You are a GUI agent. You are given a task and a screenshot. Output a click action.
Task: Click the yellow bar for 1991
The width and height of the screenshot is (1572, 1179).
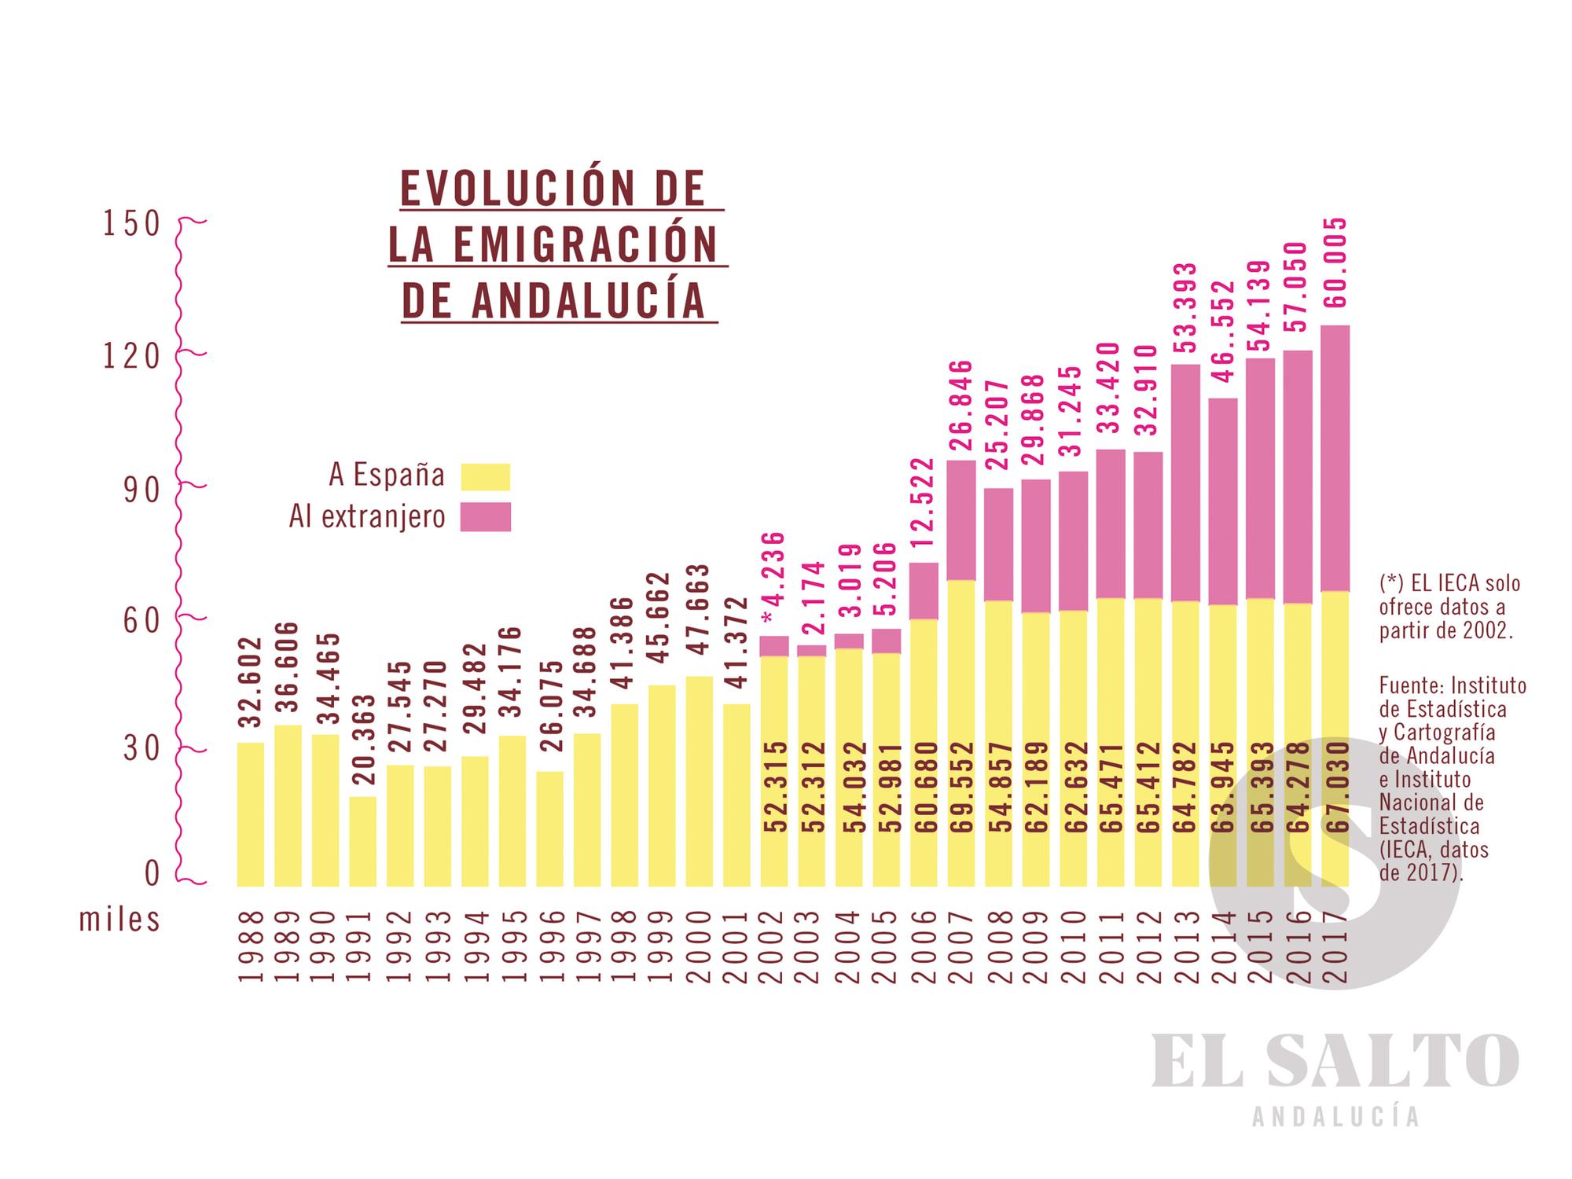pyautogui.click(x=362, y=841)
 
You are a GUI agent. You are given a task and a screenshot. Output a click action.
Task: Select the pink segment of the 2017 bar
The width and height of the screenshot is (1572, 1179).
pyautogui.click(x=1335, y=457)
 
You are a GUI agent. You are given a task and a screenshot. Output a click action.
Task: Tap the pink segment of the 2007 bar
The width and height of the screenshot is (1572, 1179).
pyautogui.click(x=961, y=520)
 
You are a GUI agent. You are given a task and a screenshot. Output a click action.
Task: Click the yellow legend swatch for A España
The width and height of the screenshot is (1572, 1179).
pyautogui.click(x=485, y=476)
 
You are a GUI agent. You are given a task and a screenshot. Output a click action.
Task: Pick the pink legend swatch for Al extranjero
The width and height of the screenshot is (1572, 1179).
pyautogui.click(x=485, y=516)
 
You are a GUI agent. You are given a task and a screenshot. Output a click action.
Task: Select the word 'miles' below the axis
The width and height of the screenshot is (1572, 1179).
pyautogui.click(x=119, y=919)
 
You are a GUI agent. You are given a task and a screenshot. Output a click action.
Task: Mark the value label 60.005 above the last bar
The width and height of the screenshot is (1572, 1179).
pyautogui.click(x=1335, y=263)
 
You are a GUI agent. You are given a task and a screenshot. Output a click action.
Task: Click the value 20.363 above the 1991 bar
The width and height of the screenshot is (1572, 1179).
pyautogui.click(x=362, y=740)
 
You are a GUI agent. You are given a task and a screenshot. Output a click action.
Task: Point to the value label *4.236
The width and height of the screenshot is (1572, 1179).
pyautogui.click(x=774, y=578)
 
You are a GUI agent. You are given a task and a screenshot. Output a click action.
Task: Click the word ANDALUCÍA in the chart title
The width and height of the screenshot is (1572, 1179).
pyautogui.click(x=587, y=300)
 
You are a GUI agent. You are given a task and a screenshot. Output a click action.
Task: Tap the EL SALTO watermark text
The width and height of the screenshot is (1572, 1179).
pyautogui.click(x=1334, y=1062)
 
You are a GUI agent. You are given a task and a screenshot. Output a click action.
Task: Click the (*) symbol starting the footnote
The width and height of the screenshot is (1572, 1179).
pyautogui.click(x=1392, y=583)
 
